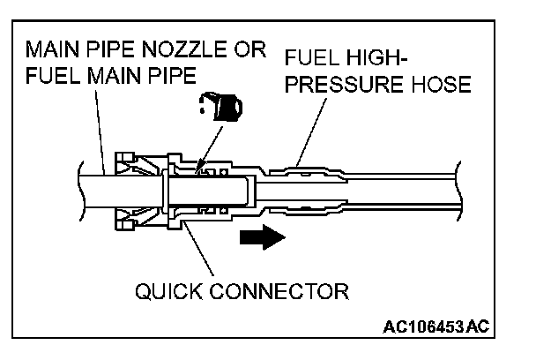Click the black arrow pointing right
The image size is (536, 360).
pyautogui.click(x=262, y=237)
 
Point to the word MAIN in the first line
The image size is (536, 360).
pyautogui.click(x=56, y=49)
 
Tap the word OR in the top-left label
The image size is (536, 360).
pyautogui.click(x=249, y=49)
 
